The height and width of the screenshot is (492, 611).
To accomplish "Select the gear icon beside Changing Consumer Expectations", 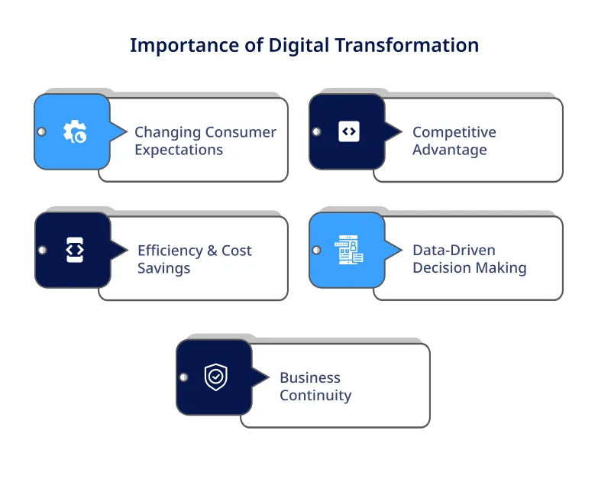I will [74, 132].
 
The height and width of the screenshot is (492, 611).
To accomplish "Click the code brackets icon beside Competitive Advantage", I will [348, 131].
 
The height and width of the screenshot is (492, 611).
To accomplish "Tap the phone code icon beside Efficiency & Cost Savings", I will [74, 250].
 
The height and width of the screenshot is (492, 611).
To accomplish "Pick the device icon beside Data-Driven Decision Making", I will [348, 250].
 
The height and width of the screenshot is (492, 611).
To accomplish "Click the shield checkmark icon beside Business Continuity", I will [216, 377].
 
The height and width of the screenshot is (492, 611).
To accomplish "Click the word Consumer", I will [241, 132].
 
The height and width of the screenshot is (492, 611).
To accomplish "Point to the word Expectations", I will [179, 150].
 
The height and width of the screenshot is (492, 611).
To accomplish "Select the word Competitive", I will [454, 132].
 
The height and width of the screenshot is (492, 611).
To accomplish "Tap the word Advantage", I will [449, 150].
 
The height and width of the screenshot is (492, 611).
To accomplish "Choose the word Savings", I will [163, 268].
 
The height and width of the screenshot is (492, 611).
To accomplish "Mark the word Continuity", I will [315, 396].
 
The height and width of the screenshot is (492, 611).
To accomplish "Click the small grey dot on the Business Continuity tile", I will [183, 377].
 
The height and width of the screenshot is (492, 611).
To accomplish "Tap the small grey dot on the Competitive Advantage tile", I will [316, 131].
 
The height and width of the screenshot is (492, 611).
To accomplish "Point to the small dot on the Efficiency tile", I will [42, 250].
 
